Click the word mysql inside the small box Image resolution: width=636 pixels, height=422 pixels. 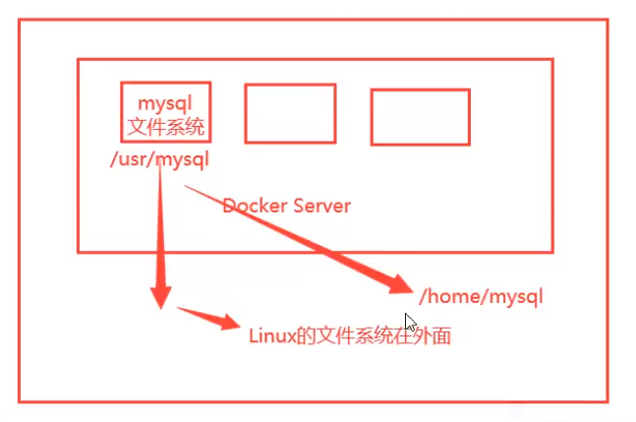click(x=165, y=104)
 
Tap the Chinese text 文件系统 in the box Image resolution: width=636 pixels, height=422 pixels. click(x=165, y=127)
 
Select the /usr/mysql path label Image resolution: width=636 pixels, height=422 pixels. click(x=159, y=159)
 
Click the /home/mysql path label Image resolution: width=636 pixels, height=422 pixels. click(x=481, y=297)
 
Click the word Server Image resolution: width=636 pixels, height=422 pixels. click(x=322, y=206)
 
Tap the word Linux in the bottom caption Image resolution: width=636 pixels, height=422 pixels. click(x=272, y=336)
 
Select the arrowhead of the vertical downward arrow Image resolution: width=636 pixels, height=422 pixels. click(x=160, y=297)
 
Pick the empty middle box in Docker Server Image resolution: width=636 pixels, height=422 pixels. click(x=290, y=114)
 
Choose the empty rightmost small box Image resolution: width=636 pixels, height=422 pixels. click(x=421, y=117)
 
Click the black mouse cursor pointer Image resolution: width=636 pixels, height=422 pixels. click(x=410, y=323)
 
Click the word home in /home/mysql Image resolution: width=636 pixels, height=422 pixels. click(x=454, y=297)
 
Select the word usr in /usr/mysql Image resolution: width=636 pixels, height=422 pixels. click(x=133, y=159)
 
